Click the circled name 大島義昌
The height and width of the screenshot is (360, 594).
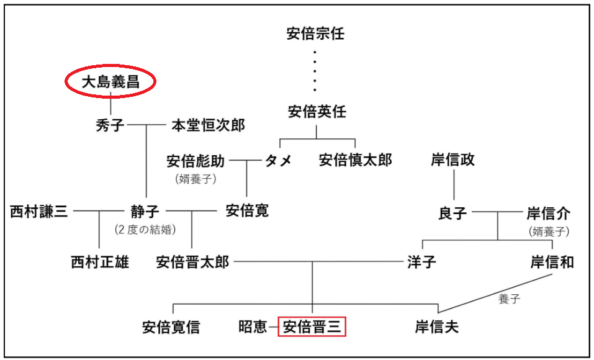[x=110, y=82]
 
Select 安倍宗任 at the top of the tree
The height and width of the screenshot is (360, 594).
[x=315, y=34]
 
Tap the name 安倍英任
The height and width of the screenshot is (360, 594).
[x=317, y=112]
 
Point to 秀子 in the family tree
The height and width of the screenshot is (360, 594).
[x=110, y=125]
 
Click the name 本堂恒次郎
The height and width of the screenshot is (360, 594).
[x=209, y=125]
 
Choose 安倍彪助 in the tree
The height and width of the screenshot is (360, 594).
[x=196, y=161]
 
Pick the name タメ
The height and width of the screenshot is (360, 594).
[x=279, y=161]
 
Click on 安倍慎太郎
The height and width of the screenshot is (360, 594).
[x=355, y=160]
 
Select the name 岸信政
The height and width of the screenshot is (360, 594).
[x=452, y=160]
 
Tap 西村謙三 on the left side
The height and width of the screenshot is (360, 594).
[x=39, y=211]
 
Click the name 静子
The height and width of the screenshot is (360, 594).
[x=145, y=211]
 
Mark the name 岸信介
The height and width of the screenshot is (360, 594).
[x=549, y=214]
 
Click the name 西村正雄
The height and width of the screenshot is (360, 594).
[x=100, y=262]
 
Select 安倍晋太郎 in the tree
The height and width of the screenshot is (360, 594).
[x=193, y=262]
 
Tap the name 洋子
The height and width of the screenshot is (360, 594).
[x=421, y=262]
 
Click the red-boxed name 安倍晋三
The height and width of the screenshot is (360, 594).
[x=312, y=327]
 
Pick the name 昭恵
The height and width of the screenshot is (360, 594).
[x=253, y=327]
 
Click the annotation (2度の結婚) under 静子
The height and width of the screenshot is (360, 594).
[x=145, y=230]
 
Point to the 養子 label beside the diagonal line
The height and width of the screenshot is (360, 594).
[x=509, y=299]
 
